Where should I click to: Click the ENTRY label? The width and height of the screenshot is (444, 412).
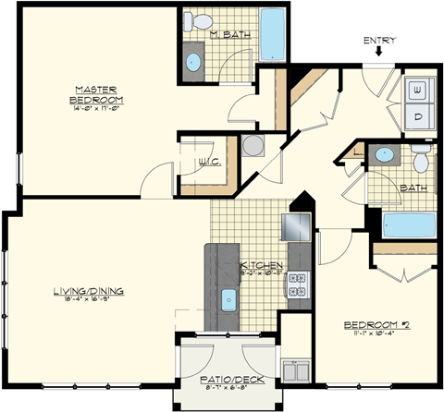tap(380, 40)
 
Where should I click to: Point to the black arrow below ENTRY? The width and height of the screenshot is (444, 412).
tap(379, 54)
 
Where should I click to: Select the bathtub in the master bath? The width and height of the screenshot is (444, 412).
tap(275, 35)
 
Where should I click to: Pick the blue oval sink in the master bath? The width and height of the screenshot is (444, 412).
tap(193, 63)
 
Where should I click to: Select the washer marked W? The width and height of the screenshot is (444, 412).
tap(421, 90)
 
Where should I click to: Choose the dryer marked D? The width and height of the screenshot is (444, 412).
tap(421, 115)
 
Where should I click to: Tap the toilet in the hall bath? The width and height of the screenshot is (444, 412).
tap(422, 163)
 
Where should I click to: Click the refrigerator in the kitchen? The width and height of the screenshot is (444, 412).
tap(298, 225)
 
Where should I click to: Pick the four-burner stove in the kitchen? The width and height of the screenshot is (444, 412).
tap(299, 292)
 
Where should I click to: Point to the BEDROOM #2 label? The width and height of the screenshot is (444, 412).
tap(377, 326)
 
